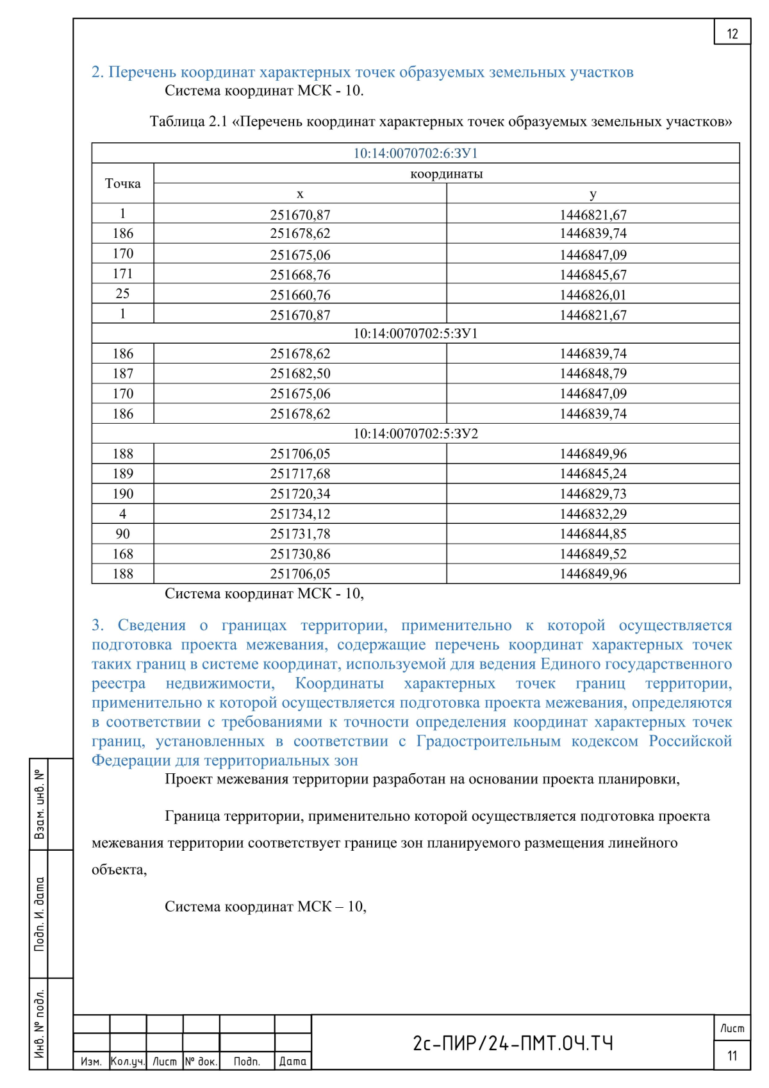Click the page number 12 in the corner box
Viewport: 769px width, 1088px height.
click(732, 34)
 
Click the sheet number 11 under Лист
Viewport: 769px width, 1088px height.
click(732, 1055)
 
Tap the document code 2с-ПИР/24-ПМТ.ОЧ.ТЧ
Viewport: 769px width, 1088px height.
click(513, 1043)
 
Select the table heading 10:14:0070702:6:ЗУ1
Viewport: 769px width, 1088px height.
click(415, 153)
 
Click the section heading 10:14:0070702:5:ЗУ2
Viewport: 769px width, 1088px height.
click(415, 433)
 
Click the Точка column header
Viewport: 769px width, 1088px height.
click(122, 183)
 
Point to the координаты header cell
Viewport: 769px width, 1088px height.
click(446, 174)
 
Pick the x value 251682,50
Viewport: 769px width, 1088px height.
click(300, 373)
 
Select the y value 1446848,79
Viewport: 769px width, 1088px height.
click(593, 373)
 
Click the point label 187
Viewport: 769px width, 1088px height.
click(122, 373)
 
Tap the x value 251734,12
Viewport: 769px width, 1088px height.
click(300, 514)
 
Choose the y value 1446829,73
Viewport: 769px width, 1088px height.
click(593, 494)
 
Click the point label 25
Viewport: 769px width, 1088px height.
click(122, 294)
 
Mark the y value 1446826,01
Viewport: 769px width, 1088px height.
click(593, 295)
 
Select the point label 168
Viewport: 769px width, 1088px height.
click(122, 554)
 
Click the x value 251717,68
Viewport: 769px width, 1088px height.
click(300, 474)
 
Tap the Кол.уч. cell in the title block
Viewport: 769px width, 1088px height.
click(128, 1061)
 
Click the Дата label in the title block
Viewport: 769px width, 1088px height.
click(292, 1061)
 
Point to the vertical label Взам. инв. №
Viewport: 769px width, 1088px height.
click(40, 804)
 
